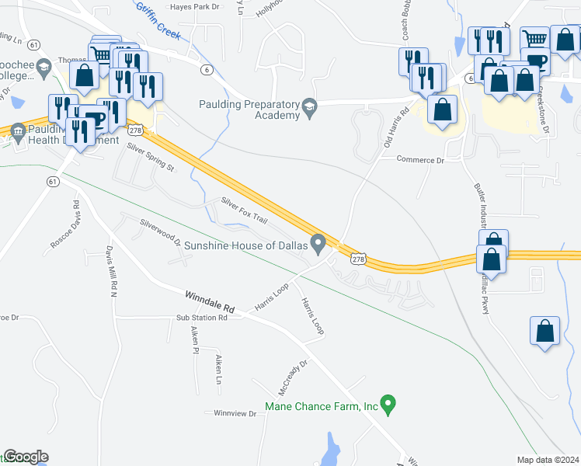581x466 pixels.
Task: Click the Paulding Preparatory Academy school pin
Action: point(310,107)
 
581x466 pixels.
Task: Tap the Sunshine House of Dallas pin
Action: point(318,244)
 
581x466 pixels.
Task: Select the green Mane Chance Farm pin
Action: point(390,404)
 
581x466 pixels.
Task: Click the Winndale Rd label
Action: point(209,301)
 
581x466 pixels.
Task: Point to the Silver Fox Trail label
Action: point(244,210)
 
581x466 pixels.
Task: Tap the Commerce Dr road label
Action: point(419,160)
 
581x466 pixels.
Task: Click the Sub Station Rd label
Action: point(201,318)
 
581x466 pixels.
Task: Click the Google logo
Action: point(25,457)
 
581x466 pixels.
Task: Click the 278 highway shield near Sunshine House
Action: point(357,260)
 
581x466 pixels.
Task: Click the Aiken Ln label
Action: point(220,370)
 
